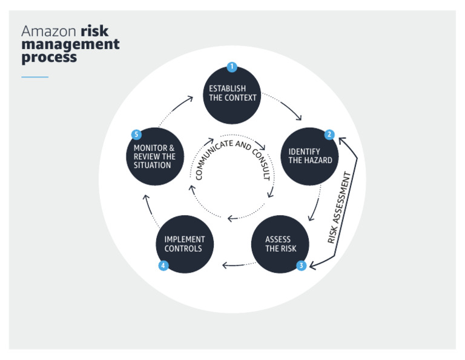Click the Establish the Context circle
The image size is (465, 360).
click(x=232, y=95)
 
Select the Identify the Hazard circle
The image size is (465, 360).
click(x=311, y=156)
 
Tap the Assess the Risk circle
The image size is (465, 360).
click(x=280, y=244)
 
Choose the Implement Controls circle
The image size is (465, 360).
click(x=185, y=244)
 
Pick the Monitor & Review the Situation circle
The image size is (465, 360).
click(x=154, y=156)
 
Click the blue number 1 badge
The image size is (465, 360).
click(x=231, y=67)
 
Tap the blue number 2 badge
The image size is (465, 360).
click(x=329, y=135)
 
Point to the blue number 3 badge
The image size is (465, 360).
click(x=301, y=265)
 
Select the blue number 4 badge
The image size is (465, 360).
click(x=163, y=265)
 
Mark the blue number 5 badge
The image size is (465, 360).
click(x=136, y=135)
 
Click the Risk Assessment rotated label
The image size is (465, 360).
click(x=340, y=208)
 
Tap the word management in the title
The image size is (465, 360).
click(x=70, y=44)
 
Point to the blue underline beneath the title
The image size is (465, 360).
click(x=35, y=77)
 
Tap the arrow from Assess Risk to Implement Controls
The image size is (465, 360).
click(x=235, y=265)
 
